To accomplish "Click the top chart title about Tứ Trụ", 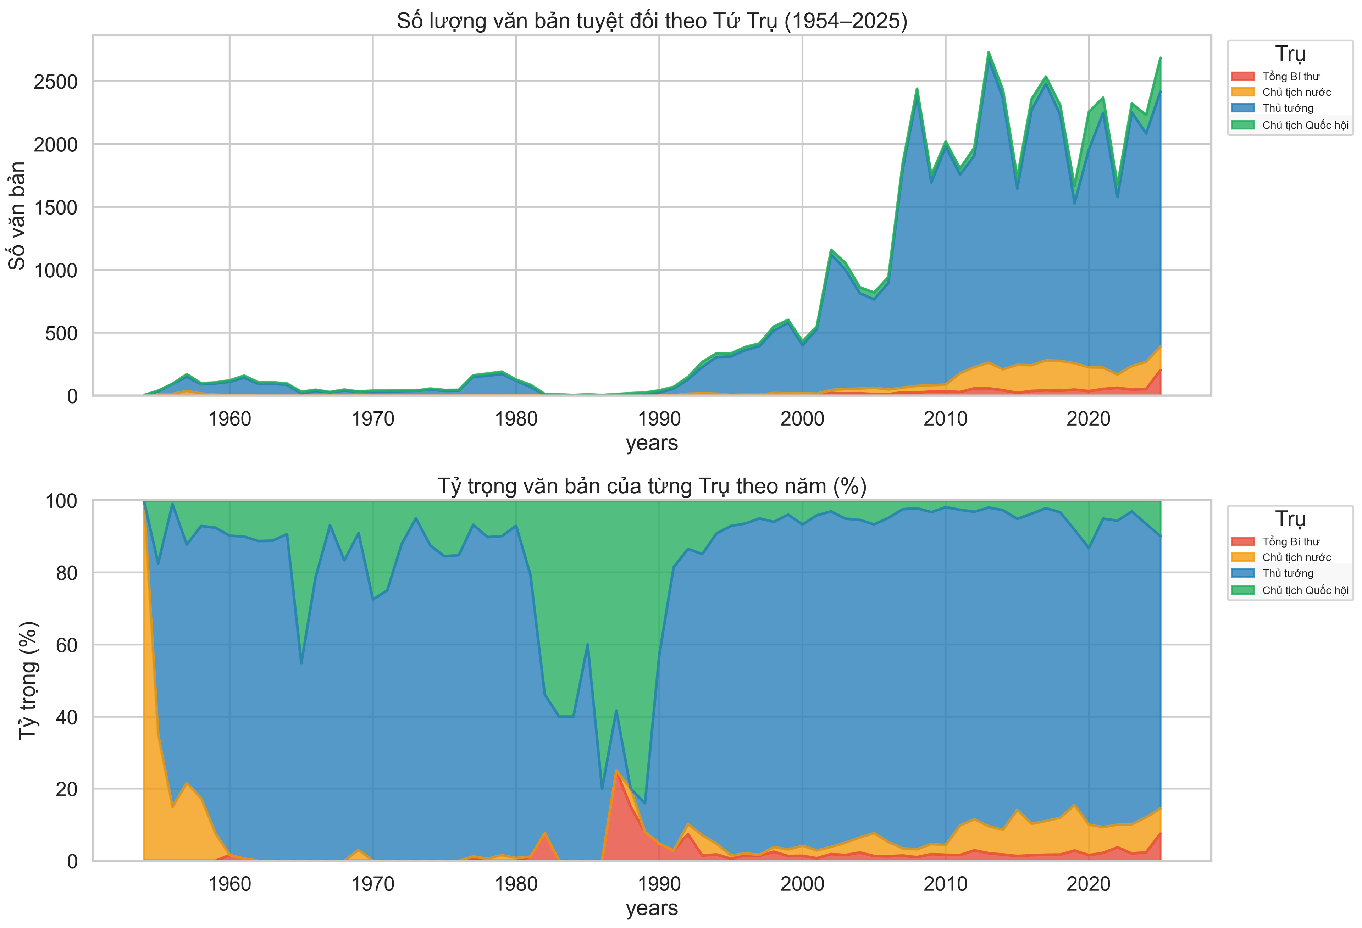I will (652, 21).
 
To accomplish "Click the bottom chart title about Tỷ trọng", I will (652, 486).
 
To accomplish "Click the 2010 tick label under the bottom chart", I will (945, 884).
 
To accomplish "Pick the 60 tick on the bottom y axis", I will (66, 645).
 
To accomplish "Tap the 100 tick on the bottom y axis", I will (61, 501).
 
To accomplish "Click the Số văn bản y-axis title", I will (18, 216).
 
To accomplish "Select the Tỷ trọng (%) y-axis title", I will (28, 681).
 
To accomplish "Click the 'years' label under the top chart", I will (652, 444).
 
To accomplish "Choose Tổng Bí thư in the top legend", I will (1290, 77).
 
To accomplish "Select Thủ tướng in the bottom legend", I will (1288, 573).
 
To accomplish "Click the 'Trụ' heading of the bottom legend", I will (1290, 519).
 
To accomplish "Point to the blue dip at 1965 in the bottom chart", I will (301, 663).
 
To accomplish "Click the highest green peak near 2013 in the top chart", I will (988, 53).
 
